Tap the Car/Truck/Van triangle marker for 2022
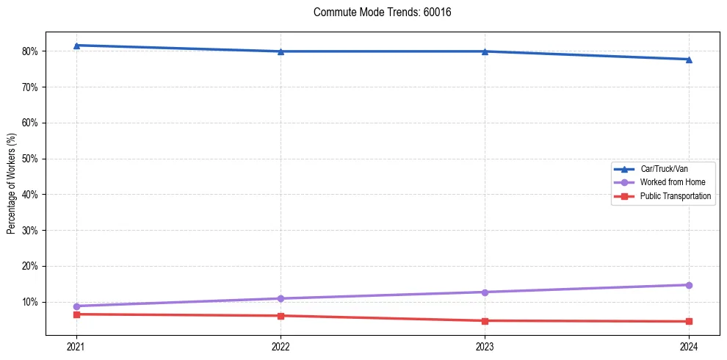[281, 51]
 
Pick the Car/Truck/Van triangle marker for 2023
[485, 51]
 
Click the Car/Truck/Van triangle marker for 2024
[689, 60]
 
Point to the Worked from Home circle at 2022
[281, 298]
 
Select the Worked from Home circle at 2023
[485, 292]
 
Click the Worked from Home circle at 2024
[689, 285]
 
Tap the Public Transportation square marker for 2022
[281, 316]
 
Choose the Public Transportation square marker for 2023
[485, 320]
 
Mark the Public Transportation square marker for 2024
[689, 321]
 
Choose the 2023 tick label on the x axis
[485, 345]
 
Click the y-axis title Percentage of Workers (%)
[11, 184]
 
